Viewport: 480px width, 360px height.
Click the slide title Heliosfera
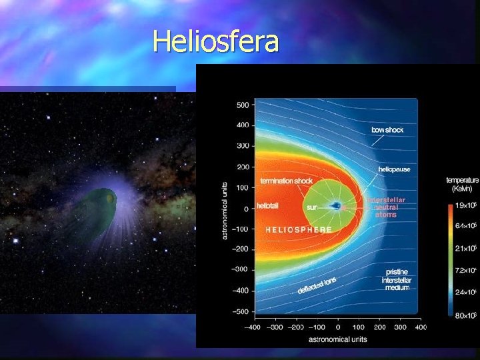[x=216, y=41]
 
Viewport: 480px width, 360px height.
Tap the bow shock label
[x=387, y=129]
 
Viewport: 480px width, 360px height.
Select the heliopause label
[x=394, y=170]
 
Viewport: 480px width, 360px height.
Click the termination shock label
[x=286, y=181]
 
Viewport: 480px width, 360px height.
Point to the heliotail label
[x=269, y=207]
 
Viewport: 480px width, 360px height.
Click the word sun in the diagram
[x=311, y=207]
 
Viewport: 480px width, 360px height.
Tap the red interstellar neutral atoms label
[x=386, y=207]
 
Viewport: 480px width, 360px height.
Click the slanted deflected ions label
[x=317, y=285]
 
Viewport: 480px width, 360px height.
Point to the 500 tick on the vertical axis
[x=242, y=105]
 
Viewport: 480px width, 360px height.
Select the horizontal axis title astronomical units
[x=337, y=339]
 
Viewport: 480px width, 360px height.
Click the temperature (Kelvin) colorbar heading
[x=462, y=184]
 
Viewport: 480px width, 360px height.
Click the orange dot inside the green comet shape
[x=109, y=199]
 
